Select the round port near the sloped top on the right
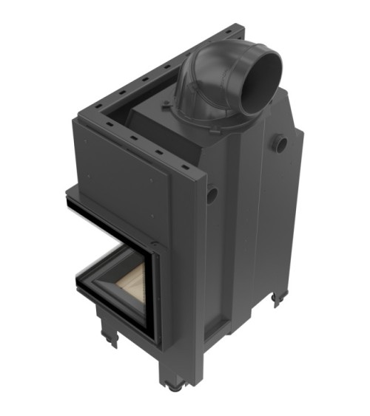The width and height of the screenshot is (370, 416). (x=280, y=143)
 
